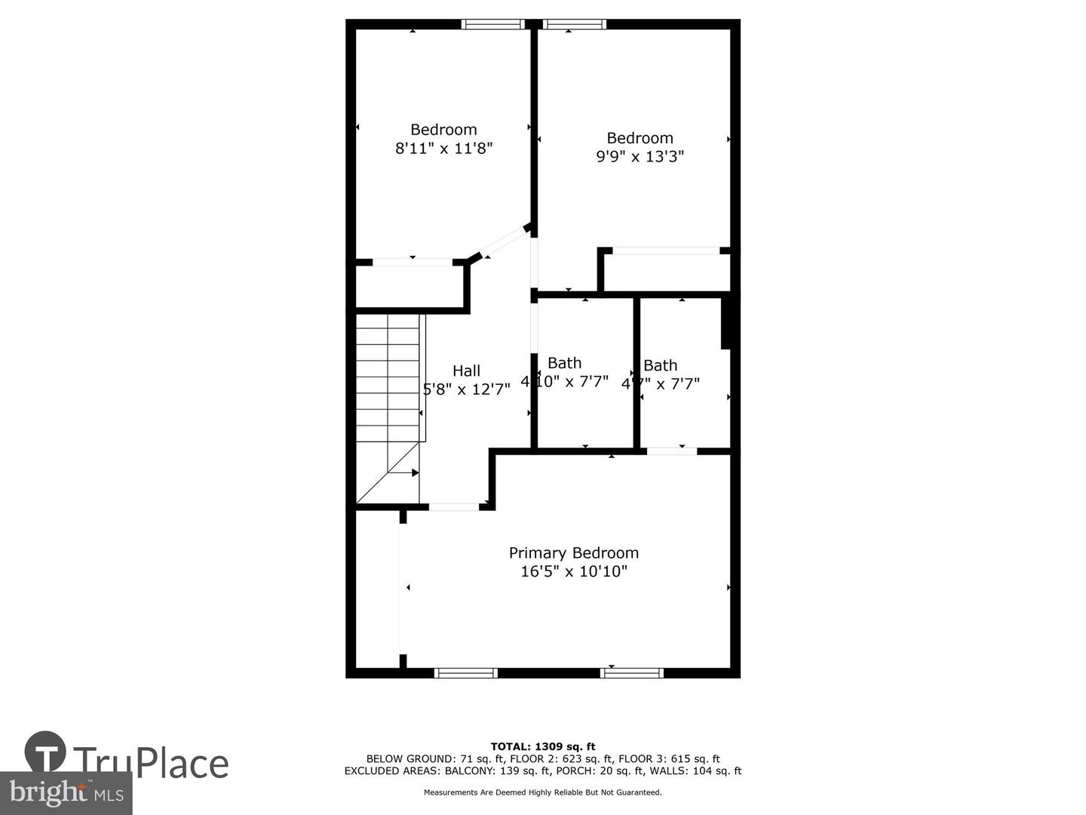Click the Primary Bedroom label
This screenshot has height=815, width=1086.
pos(573,553)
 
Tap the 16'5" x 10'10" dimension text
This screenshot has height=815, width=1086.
pos(573,572)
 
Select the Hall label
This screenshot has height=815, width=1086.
pos(466,371)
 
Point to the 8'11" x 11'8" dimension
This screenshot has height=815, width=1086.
pos(443,149)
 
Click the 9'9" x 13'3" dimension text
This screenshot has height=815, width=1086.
pos(640,157)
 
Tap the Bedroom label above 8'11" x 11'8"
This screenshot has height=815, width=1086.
pos(443,130)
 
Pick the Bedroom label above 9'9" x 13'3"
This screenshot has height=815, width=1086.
pos(640,138)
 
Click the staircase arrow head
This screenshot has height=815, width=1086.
pos(415,472)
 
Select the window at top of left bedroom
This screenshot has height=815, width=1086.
pos(493,24)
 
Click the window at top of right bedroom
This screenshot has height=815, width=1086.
pos(575,24)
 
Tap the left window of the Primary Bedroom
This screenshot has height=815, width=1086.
pos(466,672)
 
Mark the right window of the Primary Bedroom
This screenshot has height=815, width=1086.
pos(632,672)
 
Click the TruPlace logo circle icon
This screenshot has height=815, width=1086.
pos(45,752)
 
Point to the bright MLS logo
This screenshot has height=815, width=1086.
pos(66,792)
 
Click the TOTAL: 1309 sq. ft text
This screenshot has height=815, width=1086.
pos(543,746)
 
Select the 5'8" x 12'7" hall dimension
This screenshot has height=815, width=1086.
pos(466,389)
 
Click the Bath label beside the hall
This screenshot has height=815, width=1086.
pos(564,363)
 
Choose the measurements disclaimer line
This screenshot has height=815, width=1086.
pos(543,792)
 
